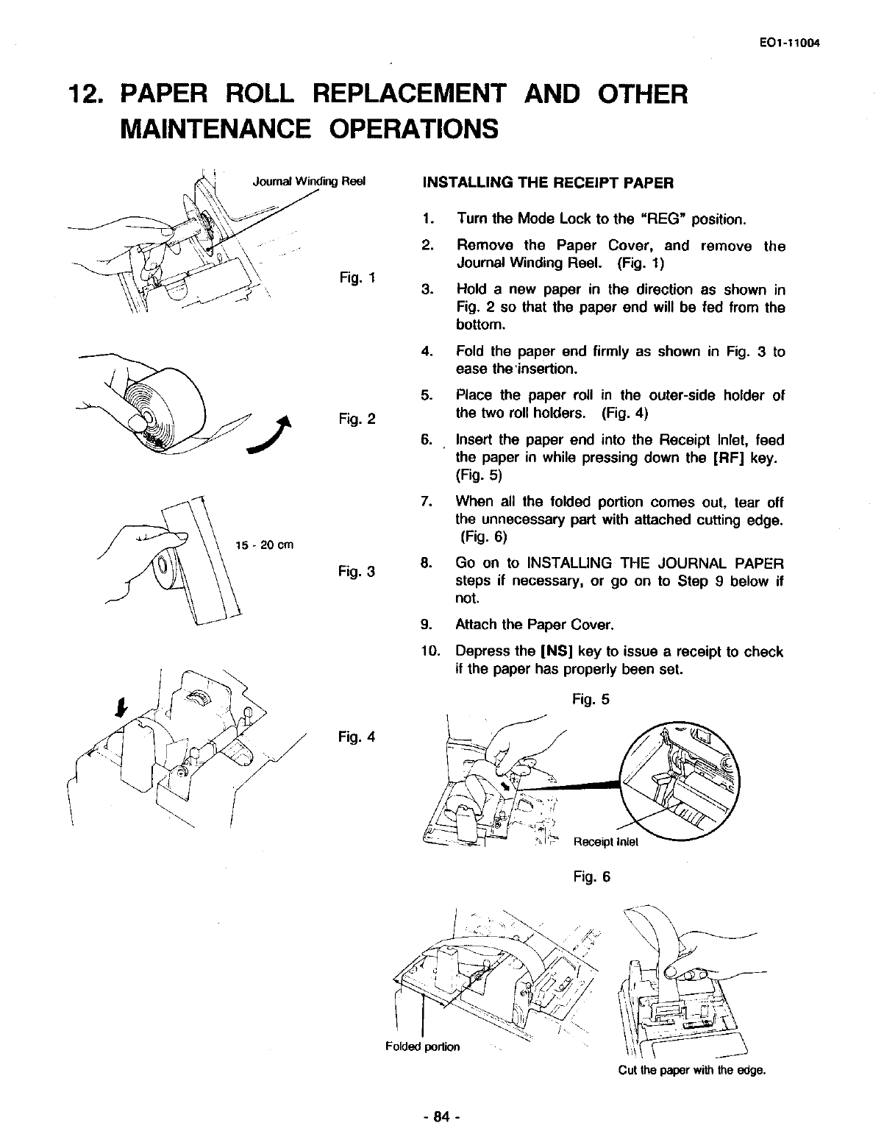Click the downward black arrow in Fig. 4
tap(118, 707)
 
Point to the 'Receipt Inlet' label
tap(606, 843)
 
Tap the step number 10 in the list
tap(429, 651)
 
